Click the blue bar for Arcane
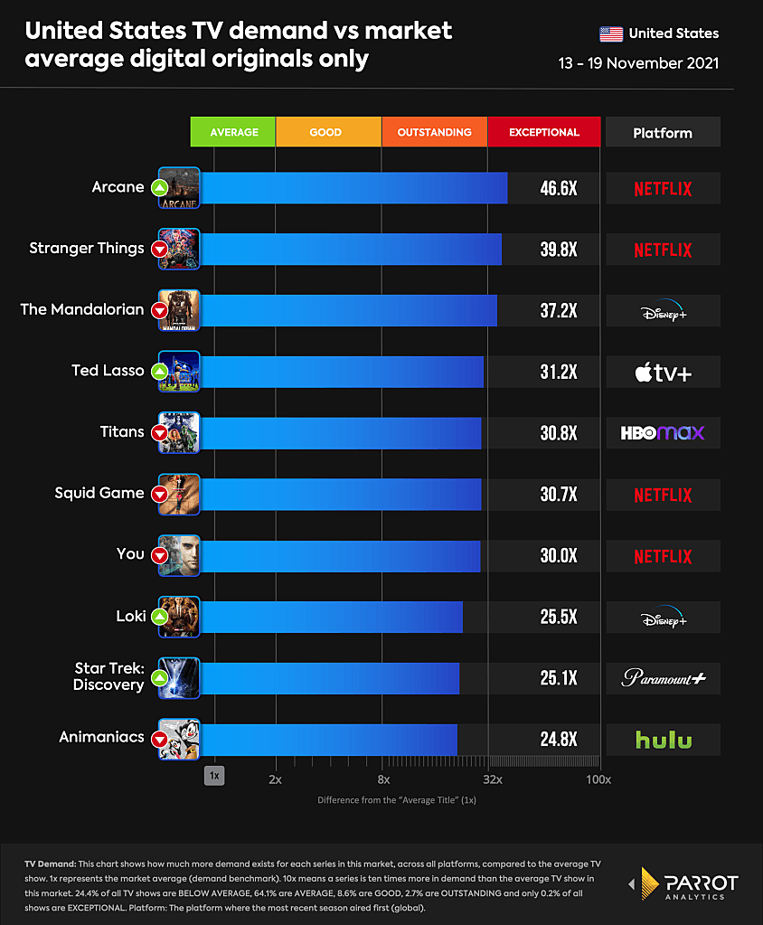click(353, 188)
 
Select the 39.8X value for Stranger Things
click(559, 250)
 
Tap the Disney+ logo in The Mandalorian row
click(663, 311)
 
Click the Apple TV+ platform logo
click(663, 372)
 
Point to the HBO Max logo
click(663, 433)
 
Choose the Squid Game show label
click(99, 493)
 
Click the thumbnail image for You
click(179, 555)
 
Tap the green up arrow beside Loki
click(159, 618)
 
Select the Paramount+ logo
click(663, 678)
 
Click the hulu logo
click(663, 740)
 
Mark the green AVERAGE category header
click(233, 132)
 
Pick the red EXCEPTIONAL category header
click(544, 132)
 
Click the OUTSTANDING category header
click(434, 132)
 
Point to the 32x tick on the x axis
click(493, 779)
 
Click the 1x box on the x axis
click(214, 776)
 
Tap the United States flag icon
click(611, 34)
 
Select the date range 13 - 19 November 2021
click(639, 63)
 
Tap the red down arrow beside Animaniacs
click(159, 740)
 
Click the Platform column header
click(663, 133)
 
